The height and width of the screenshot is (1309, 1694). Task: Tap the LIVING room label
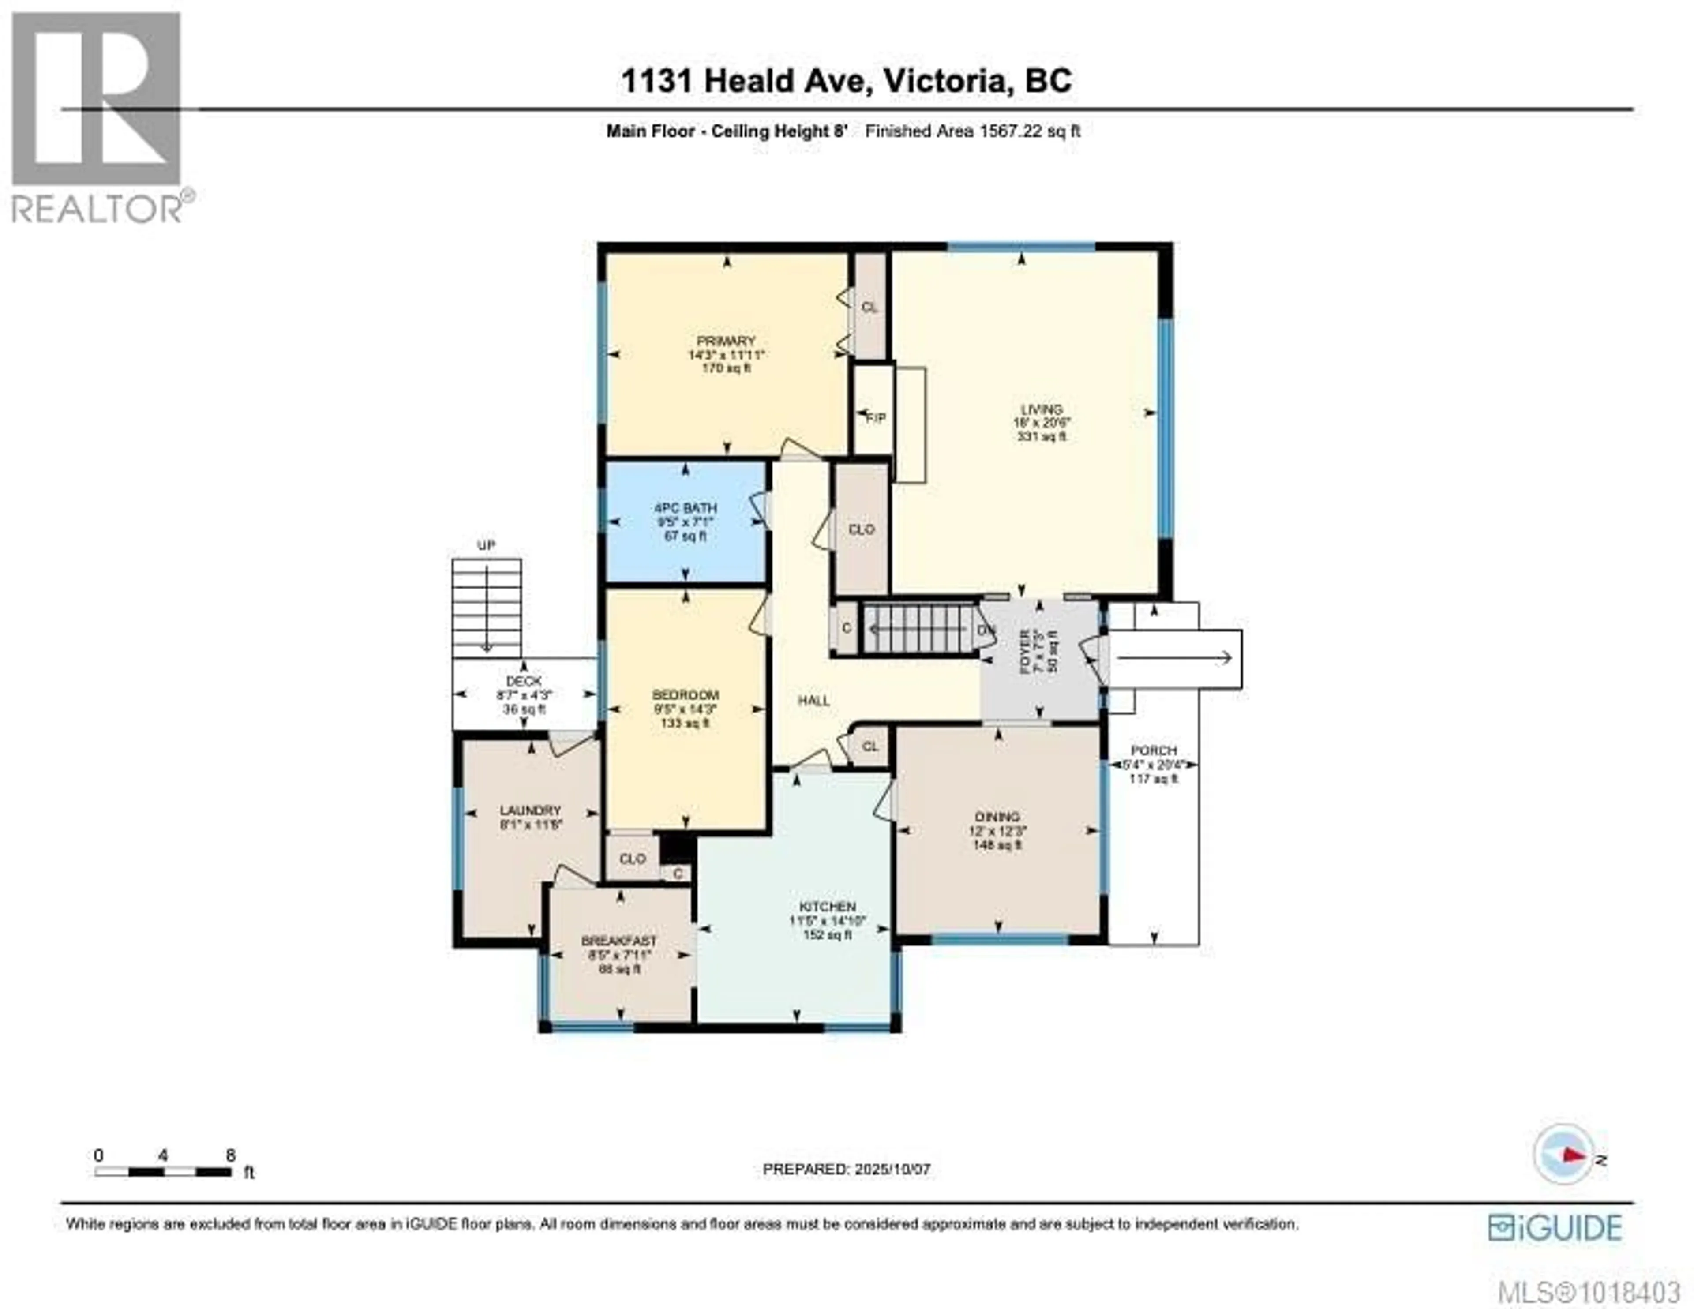[x=1041, y=409]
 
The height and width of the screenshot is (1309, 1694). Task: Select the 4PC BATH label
[x=685, y=508]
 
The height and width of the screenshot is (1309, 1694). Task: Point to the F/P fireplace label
[x=876, y=418]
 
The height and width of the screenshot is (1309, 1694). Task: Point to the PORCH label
[x=1154, y=750]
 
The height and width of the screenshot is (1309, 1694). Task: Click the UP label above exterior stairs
[x=486, y=545]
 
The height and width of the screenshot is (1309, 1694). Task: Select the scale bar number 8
[x=230, y=1155]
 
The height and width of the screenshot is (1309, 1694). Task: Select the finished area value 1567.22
[x=1011, y=131]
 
